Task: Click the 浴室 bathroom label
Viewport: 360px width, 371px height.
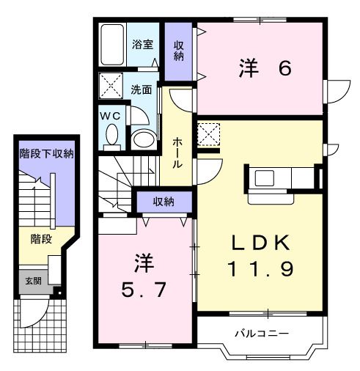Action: point(142,44)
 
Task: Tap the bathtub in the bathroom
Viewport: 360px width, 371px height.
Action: point(113,45)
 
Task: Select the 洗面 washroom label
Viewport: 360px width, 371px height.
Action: point(142,90)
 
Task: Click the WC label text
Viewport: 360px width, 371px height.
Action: point(111,115)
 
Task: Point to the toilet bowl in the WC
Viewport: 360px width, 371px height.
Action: point(112,136)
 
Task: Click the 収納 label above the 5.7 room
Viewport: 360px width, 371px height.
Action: point(163,202)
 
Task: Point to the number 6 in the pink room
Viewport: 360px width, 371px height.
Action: point(284,68)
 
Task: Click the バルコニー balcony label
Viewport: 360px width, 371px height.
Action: point(261,334)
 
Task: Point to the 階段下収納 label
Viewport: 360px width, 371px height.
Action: point(45,154)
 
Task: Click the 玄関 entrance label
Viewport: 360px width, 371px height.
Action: point(34,282)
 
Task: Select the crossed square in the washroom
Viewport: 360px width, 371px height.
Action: point(113,87)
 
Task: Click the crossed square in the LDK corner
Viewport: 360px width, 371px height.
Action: point(210,134)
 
